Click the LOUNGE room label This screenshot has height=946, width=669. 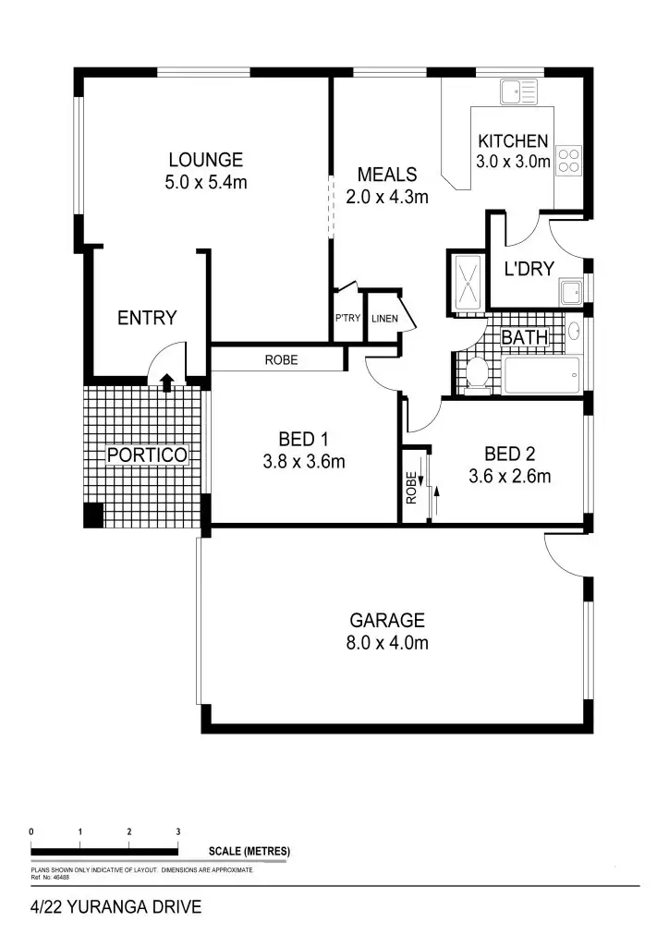(205, 160)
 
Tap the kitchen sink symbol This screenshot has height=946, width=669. (517, 91)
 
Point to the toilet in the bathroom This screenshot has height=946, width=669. (477, 374)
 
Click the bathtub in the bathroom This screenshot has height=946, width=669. (541, 376)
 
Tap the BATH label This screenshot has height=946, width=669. (524, 338)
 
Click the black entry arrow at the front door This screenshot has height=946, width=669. (166, 381)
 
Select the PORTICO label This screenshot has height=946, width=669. (147, 455)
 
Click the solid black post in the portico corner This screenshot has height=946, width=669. (93, 515)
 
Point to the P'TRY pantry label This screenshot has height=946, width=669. (347, 319)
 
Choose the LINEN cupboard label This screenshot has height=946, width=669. (383, 319)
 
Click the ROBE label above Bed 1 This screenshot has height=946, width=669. (281, 360)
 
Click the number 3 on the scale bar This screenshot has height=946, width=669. (178, 831)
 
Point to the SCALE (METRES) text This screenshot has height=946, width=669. (249, 850)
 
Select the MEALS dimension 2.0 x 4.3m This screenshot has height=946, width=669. (387, 197)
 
